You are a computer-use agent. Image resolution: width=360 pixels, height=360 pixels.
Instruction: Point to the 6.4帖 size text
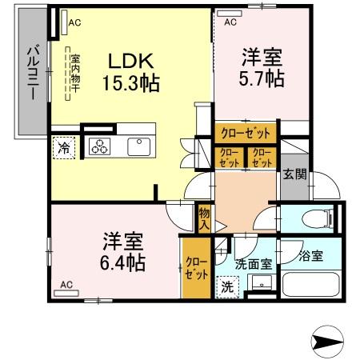(x=122, y=262)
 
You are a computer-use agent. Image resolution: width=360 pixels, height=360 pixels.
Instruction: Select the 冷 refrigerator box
(x=62, y=147)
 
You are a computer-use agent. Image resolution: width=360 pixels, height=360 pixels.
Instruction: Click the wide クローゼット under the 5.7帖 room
(x=245, y=133)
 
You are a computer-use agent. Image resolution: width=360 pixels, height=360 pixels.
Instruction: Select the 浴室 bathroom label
(x=310, y=257)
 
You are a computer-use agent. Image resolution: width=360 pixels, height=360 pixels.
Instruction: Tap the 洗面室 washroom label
(x=254, y=262)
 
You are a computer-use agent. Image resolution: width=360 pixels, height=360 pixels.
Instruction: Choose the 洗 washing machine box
(x=227, y=286)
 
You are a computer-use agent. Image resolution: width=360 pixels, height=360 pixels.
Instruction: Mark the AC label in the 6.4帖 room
(x=66, y=285)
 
